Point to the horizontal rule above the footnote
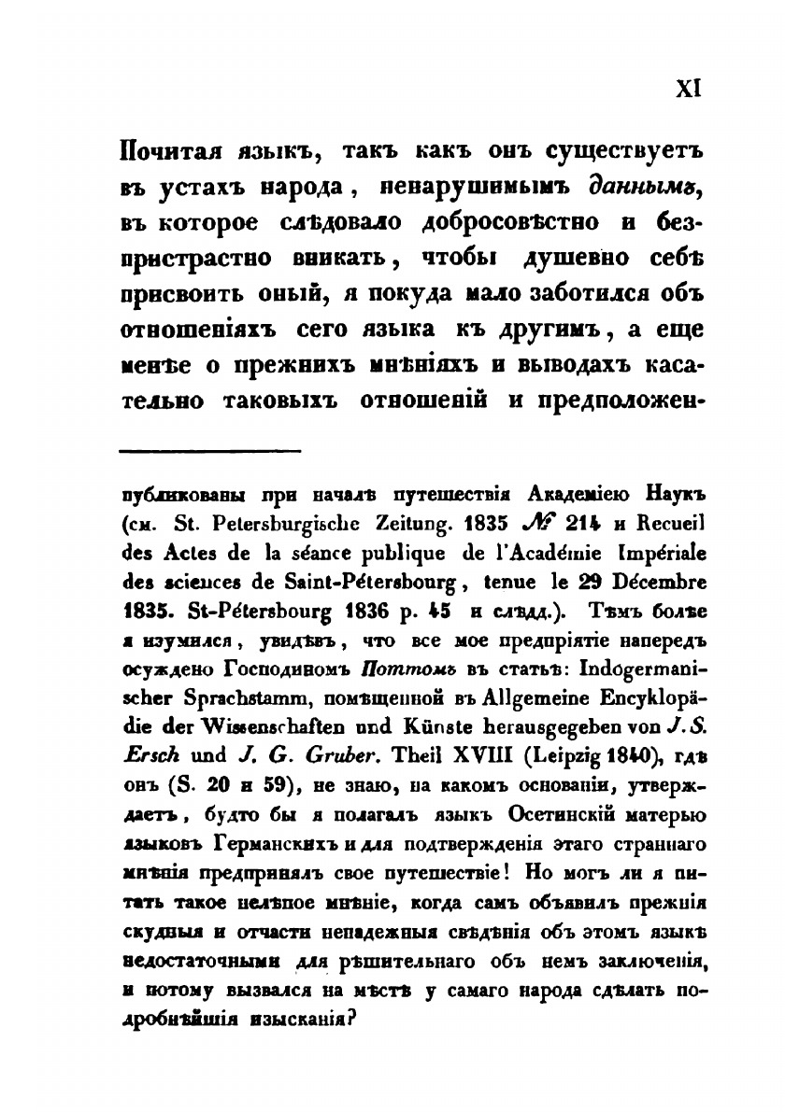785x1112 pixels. [210, 453]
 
